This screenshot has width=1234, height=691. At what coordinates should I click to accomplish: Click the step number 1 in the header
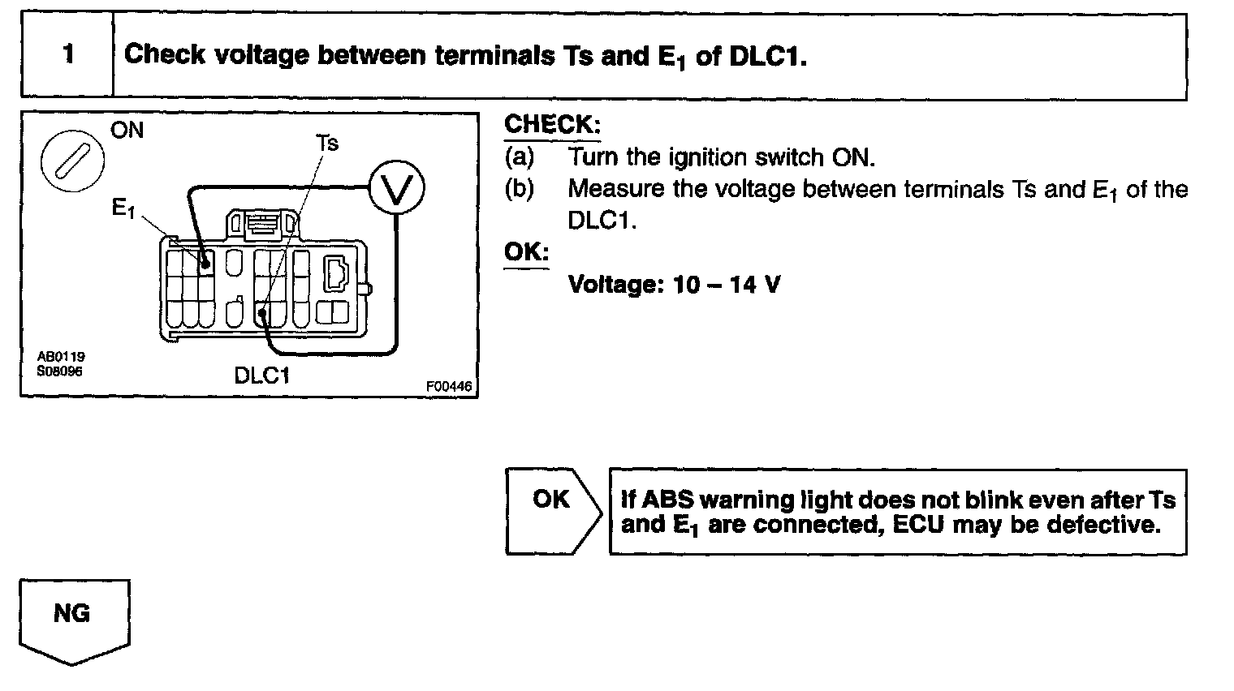click(x=67, y=55)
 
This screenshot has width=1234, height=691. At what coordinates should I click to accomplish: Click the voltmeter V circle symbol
click(x=396, y=189)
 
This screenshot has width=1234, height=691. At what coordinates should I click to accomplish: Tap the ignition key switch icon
click(x=73, y=157)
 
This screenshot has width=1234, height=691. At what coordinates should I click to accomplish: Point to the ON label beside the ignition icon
click(x=127, y=131)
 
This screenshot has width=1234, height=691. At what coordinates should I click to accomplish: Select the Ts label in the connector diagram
click(x=327, y=144)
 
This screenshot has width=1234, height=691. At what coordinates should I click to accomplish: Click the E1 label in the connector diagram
click(x=123, y=209)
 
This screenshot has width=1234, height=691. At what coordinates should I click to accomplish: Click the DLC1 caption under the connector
click(x=261, y=376)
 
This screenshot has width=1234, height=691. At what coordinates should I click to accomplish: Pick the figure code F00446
click(x=449, y=387)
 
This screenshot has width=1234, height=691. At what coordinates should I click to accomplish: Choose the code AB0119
click(x=61, y=357)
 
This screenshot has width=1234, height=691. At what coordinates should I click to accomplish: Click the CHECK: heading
click(x=552, y=125)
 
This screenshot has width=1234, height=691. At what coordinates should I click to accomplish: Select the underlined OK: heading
click(x=526, y=252)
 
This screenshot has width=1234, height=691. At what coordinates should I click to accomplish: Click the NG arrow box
click(x=73, y=616)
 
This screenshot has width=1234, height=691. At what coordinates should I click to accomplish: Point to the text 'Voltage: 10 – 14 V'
click(x=674, y=285)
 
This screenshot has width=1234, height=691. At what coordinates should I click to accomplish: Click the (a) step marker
click(x=520, y=157)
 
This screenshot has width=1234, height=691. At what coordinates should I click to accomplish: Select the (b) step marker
click(x=520, y=189)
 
